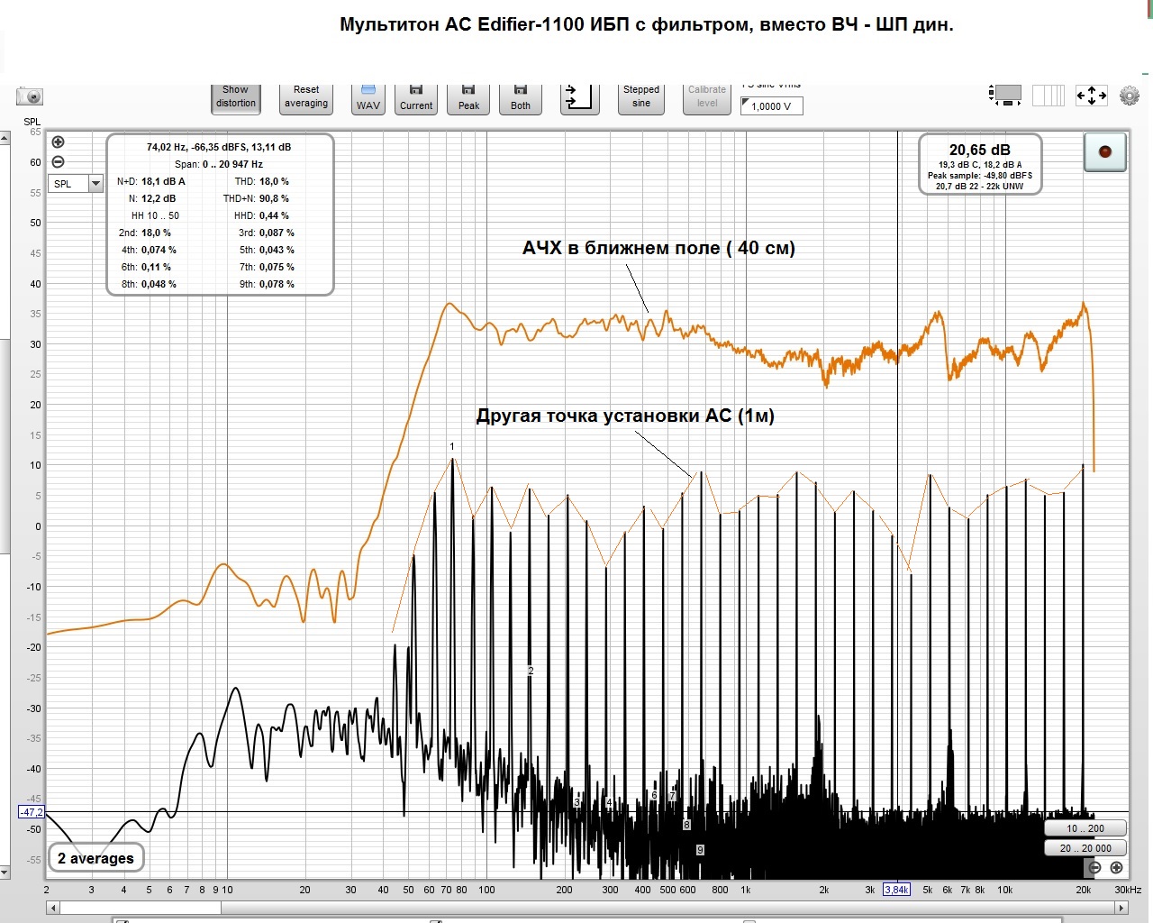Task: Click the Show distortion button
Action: pyautogui.click(x=235, y=97)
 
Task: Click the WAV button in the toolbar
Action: pyautogui.click(x=368, y=98)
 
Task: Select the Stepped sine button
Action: pyautogui.click(x=641, y=97)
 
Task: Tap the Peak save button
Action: pyautogui.click(x=468, y=98)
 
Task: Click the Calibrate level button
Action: pyautogui.click(x=707, y=97)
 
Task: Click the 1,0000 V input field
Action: pyautogui.click(x=771, y=106)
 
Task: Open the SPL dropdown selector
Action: pyautogui.click(x=76, y=184)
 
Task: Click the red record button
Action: pyautogui.click(x=1105, y=151)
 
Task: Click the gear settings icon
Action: pyautogui.click(x=1129, y=96)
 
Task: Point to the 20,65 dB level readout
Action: pyautogui.click(x=979, y=151)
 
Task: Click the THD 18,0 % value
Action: pyautogui.click(x=274, y=181)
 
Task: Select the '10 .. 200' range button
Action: pyautogui.click(x=1085, y=828)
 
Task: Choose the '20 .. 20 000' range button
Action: pyautogui.click(x=1085, y=848)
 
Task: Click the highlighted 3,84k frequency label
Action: pyautogui.click(x=896, y=890)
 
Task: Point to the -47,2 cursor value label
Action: pyautogui.click(x=32, y=812)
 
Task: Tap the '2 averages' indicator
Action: pyautogui.click(x=95, y=858)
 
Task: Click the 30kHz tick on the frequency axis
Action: pyautogui.click(x=1128, y=890)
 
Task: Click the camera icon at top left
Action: pyautogui.click(x=30, y=96)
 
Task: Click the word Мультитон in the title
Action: pyautogui.click(x=388, y=24)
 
